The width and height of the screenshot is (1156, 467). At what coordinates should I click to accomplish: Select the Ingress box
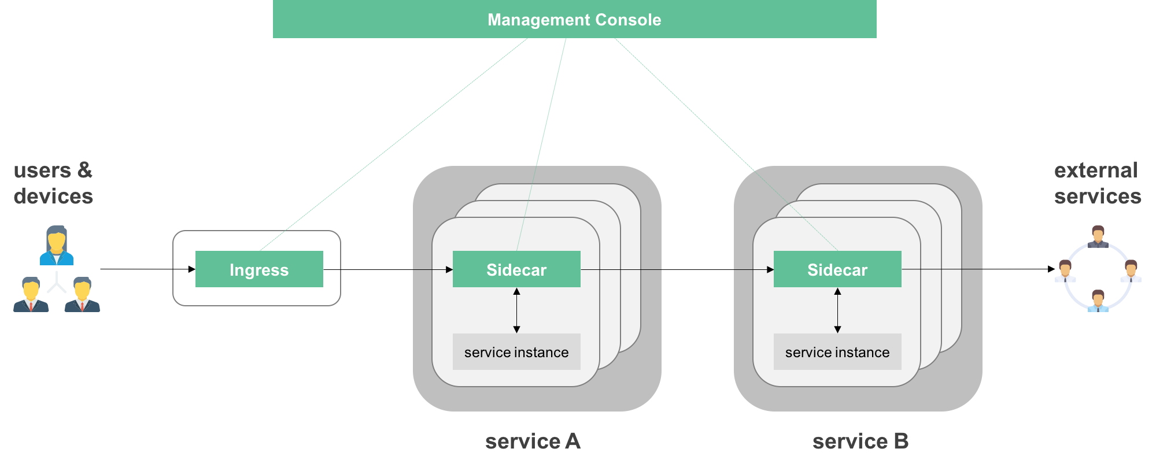coord(259,269)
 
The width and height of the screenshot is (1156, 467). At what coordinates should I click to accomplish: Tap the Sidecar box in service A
coord(516,269)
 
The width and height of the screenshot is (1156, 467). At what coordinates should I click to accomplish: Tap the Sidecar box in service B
coord(837,269)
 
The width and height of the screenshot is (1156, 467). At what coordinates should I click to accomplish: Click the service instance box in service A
coord(516,352)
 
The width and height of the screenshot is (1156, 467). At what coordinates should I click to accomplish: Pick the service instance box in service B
coord(837,352)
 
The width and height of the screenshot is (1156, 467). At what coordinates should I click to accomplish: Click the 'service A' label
coord(533,442)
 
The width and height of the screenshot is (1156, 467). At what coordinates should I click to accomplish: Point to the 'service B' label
coord(860,442)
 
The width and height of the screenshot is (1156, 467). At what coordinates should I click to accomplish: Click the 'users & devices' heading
coord(53,183)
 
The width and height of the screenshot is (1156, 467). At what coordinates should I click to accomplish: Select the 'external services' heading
coord(1097,183)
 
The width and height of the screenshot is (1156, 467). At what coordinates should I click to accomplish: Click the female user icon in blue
coord(57,246)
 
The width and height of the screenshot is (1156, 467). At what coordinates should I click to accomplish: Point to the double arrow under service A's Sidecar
coord(516,310)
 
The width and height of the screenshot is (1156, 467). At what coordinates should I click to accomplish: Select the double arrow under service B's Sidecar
coord(837,310)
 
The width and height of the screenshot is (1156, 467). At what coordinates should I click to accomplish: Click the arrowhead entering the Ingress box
coord(191,269)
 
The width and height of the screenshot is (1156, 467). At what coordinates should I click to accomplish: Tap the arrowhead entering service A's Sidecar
coord(449,269)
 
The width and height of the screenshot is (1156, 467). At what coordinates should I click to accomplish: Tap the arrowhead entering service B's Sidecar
coord(770,269)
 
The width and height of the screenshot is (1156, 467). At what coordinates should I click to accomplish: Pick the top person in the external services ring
coord(1098,236)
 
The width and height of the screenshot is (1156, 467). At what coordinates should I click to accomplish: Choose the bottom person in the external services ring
coord(1098,301)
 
